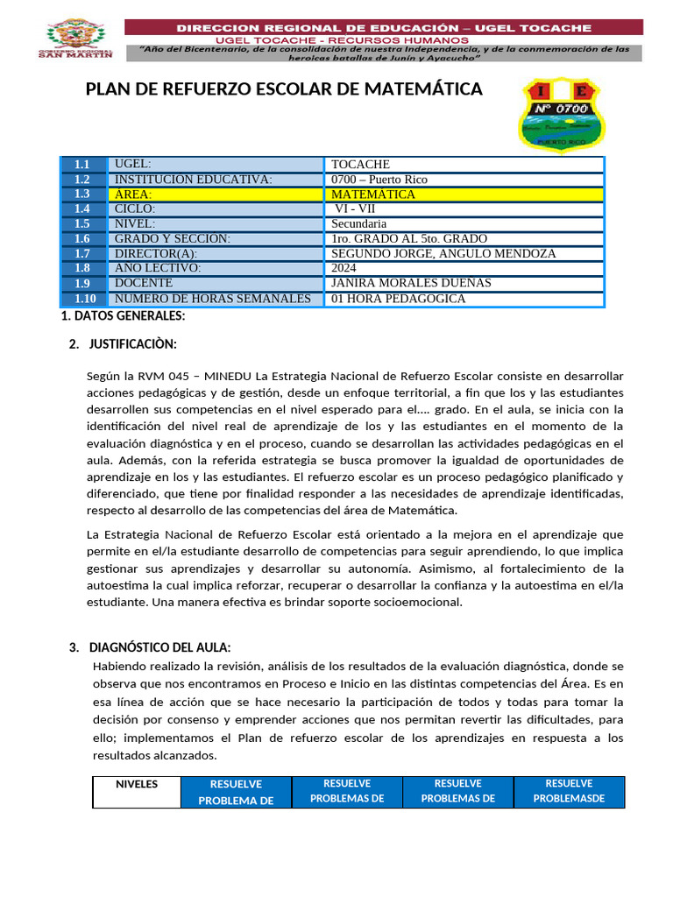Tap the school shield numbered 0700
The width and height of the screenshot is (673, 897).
point(560,113)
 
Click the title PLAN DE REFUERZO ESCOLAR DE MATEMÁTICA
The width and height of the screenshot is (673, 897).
point(284,89)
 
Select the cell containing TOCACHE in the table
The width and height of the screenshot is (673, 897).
point(464,165)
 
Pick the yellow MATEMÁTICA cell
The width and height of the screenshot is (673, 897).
point(464,194)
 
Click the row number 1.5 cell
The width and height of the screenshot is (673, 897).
point(83,224)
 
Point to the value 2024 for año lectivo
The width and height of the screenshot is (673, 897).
point(464,268)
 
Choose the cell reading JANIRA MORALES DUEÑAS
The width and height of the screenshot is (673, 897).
point(464,283)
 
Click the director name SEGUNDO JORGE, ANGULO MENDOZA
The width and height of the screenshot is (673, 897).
point(464,254)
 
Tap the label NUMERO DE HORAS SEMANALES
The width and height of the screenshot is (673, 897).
point(214,299)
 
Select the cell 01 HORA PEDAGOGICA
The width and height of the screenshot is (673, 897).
point(464,299)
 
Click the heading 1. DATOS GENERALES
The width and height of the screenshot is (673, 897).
point(122,315)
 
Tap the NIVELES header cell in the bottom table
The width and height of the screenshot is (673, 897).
point(137,785)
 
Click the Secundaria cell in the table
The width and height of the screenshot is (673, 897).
point(464,224)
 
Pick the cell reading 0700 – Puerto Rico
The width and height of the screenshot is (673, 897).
point(464,180)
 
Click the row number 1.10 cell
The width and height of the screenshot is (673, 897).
point(83,299)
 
